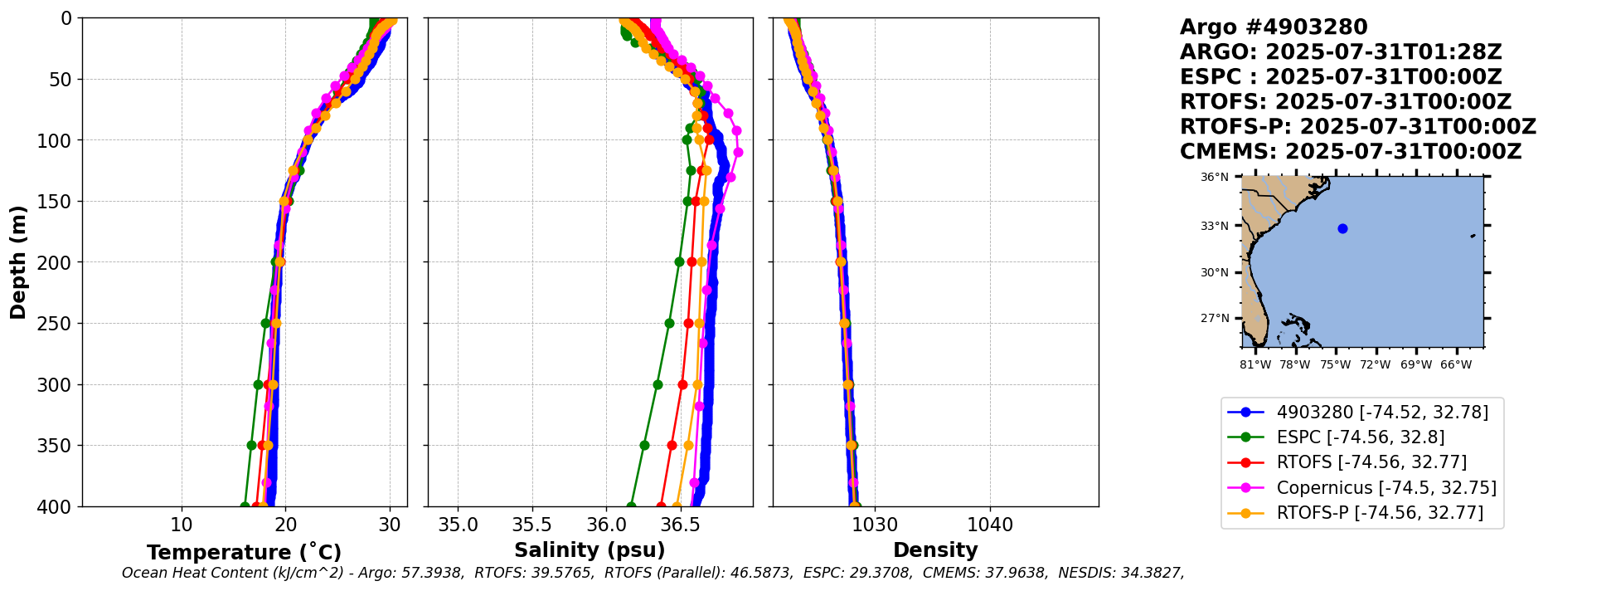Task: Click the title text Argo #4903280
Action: click(x=1273, y=27)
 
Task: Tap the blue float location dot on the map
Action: click(x=1342, y=228)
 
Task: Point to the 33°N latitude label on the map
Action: click(x=1215, y=226)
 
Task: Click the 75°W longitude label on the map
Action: click(x=1335, y=364)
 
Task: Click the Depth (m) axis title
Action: click(x=18, y=262)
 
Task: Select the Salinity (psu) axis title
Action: click(x=590, y=550)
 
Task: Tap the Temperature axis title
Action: click(x=244, y=553)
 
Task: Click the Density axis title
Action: click(x=935, y=550)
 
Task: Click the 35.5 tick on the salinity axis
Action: click(x=531, y=525)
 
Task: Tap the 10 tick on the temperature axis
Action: click(x=182, y=525)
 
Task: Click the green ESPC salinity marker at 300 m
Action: click(x=658, y=384)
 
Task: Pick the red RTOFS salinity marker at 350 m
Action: click(x=672, y=445)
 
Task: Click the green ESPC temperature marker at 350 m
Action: click(x=251, y=445)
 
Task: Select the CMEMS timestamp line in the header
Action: click(x=1351, y=152)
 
